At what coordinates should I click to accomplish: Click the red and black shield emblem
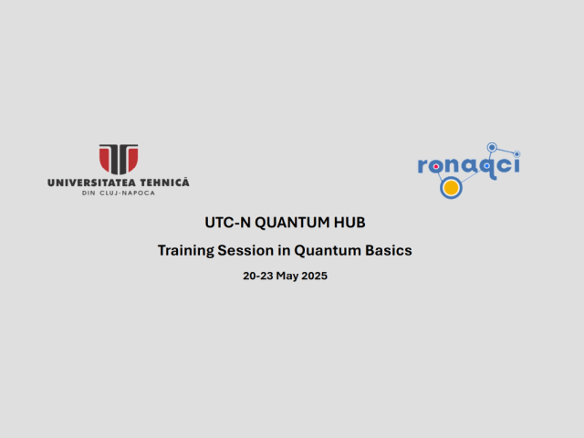coord(119,159)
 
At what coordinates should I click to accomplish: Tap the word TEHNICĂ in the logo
coord(164,182)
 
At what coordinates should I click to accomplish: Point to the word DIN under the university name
coord(89,193)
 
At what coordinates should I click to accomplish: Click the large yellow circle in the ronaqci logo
coord(451,188)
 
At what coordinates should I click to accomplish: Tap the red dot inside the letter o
coord(435,167)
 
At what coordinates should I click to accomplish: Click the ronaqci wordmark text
coord(468,166)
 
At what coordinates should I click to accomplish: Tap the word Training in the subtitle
coord(185,251)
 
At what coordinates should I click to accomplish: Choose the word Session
coord(245,251)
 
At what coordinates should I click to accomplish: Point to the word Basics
coord(389,251)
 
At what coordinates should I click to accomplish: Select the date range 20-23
coord(257,276)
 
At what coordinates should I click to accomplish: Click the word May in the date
coord(287,276)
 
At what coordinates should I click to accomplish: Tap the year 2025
coord(314,276)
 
